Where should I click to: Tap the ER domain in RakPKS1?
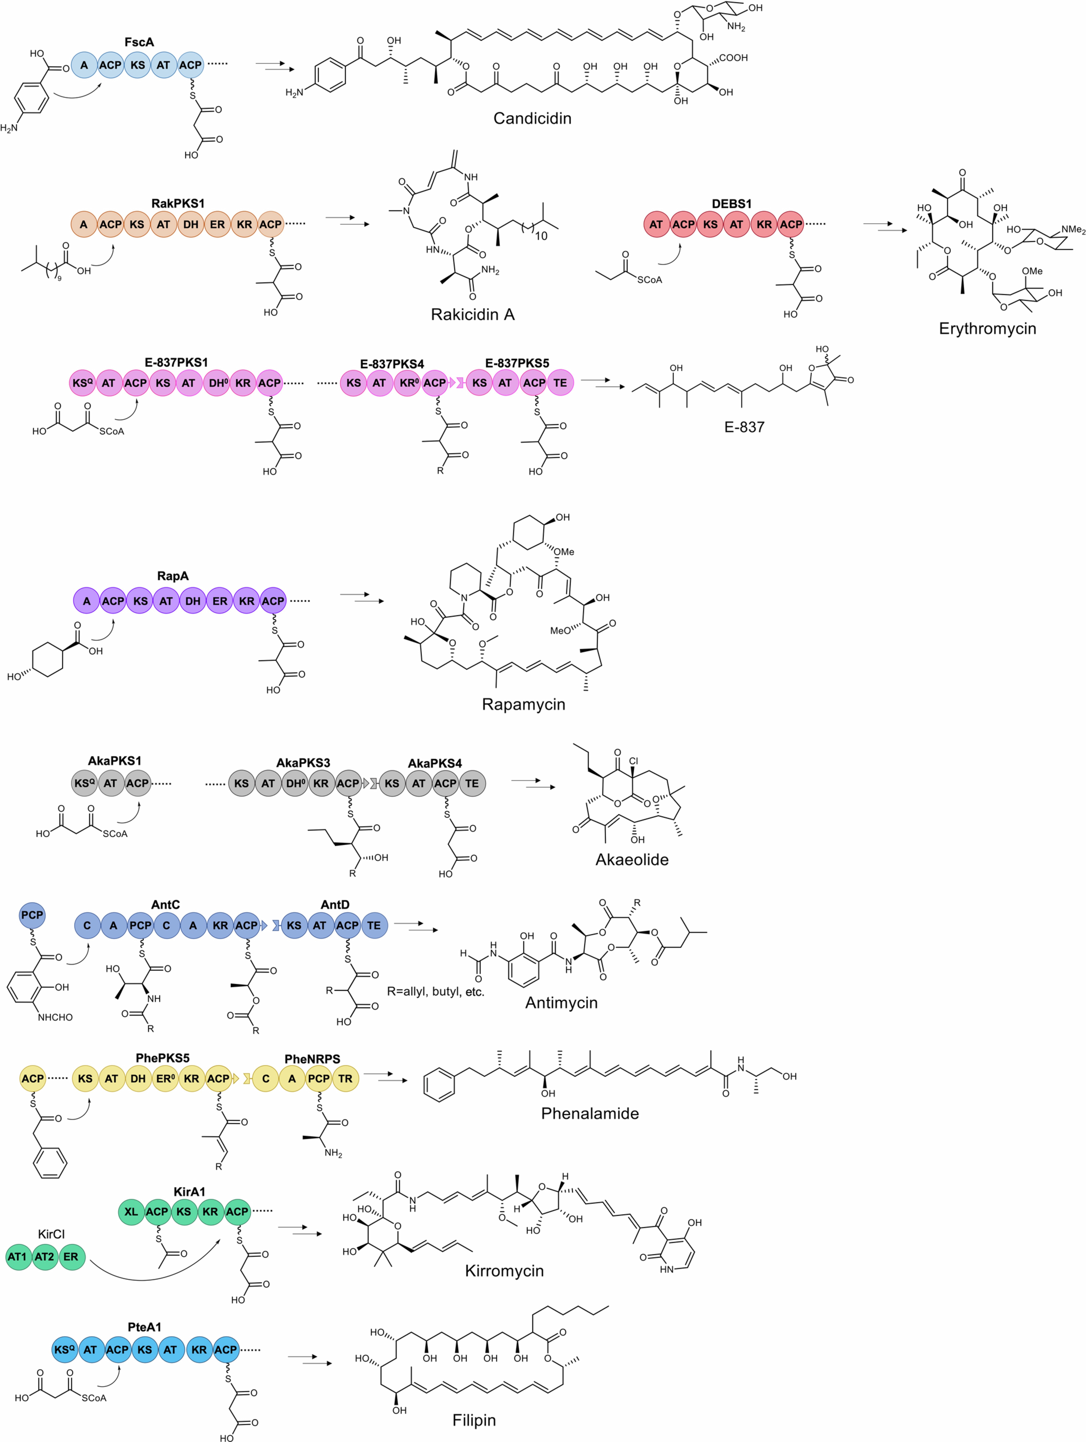217,224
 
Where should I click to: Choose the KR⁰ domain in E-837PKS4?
408,383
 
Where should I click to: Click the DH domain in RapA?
193,601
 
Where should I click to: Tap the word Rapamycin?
523,704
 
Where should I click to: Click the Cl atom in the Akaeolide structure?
633,761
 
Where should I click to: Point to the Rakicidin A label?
473,314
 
